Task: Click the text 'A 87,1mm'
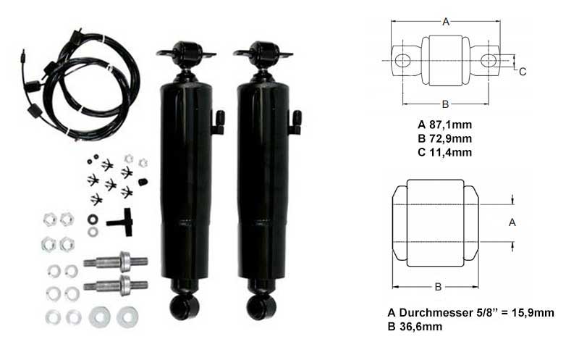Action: point(444,125)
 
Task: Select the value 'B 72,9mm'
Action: point(444,138)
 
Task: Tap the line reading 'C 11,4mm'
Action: point(444,152)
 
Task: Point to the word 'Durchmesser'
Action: point(435,313)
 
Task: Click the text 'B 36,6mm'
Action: point(415,327)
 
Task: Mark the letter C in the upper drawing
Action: point(522,72)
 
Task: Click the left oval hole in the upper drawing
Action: point(402,60)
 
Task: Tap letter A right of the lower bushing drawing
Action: point(512,222)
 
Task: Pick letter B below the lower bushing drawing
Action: point(438,287)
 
